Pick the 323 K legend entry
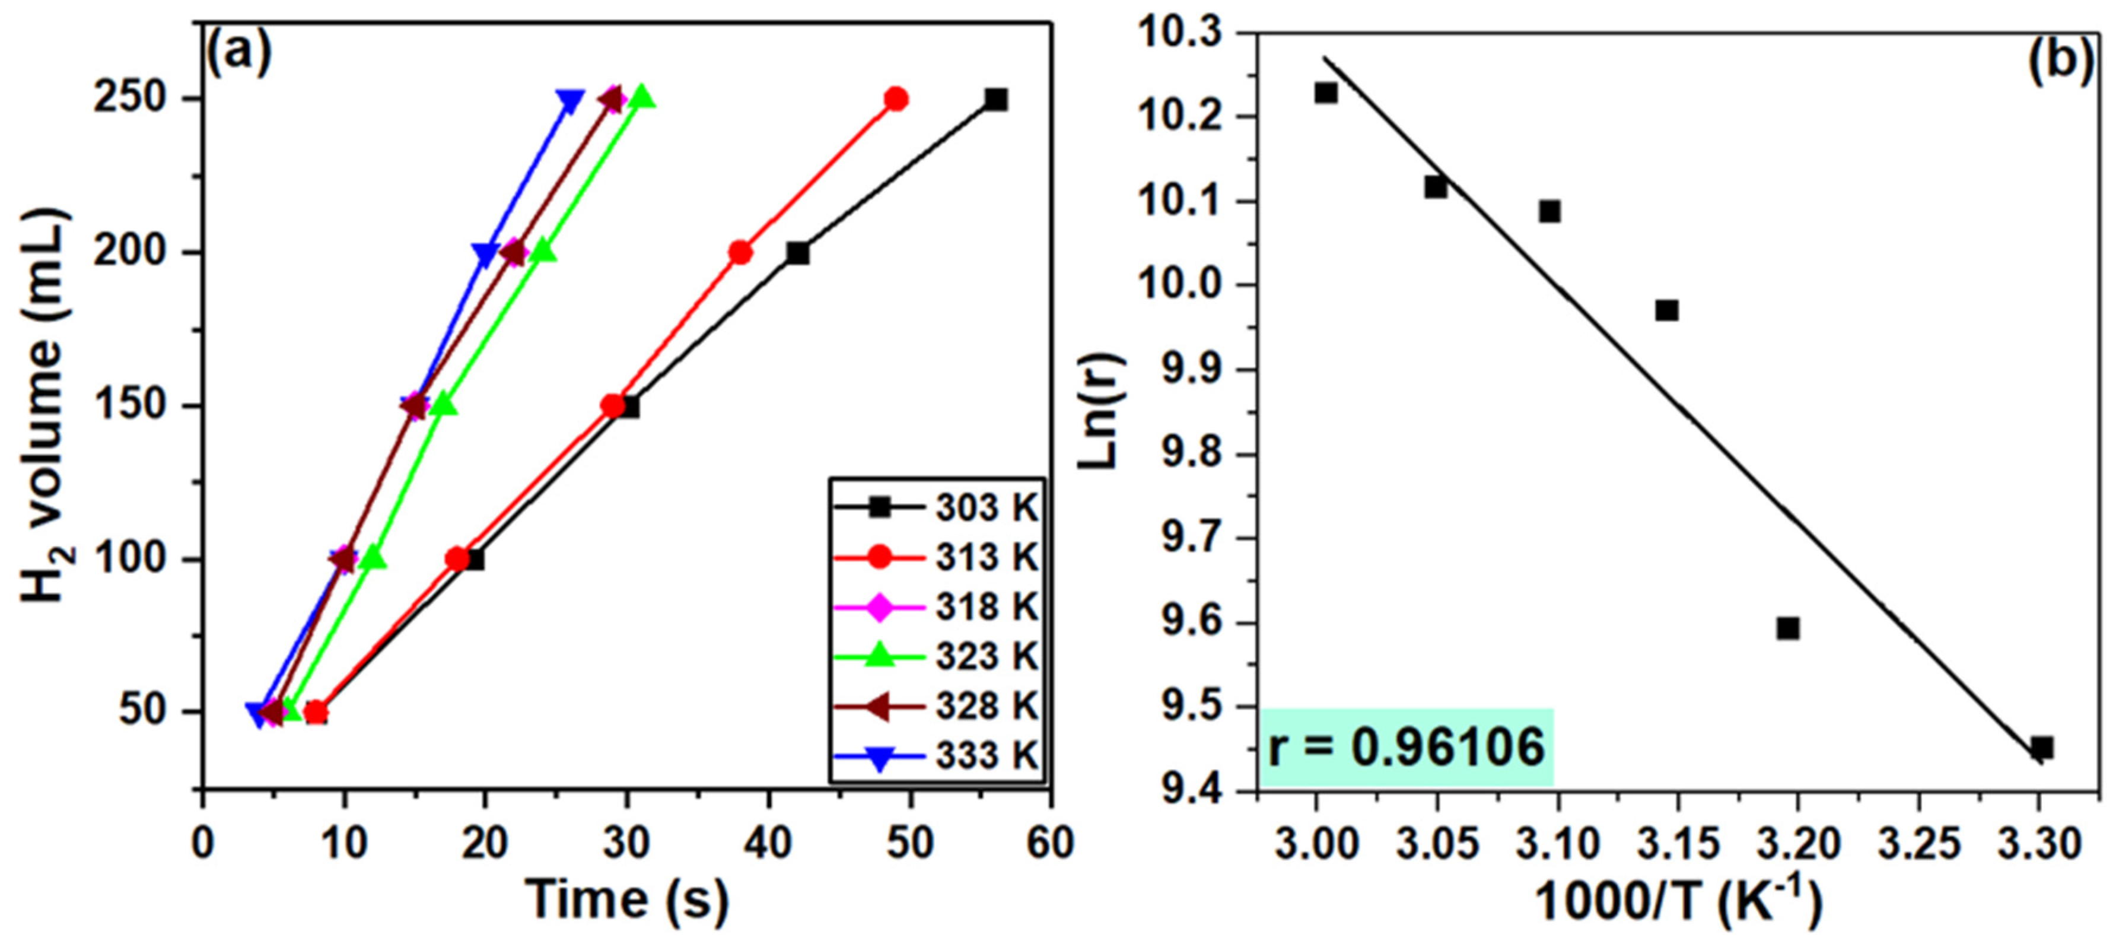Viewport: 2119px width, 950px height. (x=938, y=656)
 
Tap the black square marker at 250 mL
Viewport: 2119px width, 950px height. (x=995, y=100)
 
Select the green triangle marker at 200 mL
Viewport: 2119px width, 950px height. (x=543, y=252)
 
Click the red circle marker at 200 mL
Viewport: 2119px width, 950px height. (x=740, y=253)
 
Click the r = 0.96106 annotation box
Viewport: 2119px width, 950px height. (x=1406, y=747)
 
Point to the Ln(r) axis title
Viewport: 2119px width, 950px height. (x=1100, y=411)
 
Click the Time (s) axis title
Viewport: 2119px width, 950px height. (x=627, y=898)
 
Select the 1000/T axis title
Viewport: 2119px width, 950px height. (x=1678, y=901)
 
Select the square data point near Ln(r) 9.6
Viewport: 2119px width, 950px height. (x=1787, y=629)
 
